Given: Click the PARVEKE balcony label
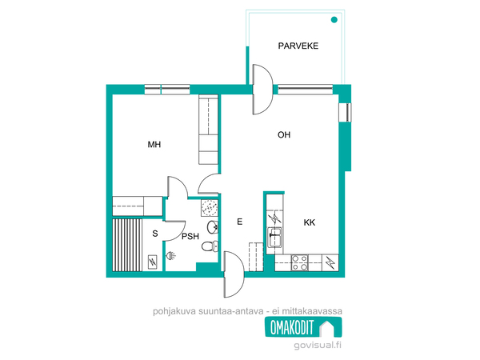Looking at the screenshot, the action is tap(298, 46).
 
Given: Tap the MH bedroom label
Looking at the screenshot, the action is tap(154, 145).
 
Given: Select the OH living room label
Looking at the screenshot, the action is tap(284, 134).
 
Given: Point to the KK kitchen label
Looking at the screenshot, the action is tap(309, 222).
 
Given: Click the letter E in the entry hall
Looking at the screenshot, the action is tap(240, 222).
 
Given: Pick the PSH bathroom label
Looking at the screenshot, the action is tap(190, 236).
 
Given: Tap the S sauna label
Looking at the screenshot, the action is tap(155, 234).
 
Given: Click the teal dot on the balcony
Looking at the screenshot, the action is tap(334, 20).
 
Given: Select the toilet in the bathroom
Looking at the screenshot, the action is tap(210, 246).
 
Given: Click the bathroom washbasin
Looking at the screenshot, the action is tap(213, 227).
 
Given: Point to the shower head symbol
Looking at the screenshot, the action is tap(171, 255).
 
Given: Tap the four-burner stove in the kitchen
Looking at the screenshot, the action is tap(300, 262).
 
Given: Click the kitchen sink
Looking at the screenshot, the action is tap(274, 238).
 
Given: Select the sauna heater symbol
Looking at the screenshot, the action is tap(153, 262).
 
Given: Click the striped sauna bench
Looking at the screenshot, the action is tap(127, 245).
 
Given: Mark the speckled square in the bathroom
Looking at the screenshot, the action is tap(210, 208).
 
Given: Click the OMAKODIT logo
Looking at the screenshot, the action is tap(303, 327).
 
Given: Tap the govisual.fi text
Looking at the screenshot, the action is tap(318, 346).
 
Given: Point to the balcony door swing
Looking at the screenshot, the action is tap(262, 90).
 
